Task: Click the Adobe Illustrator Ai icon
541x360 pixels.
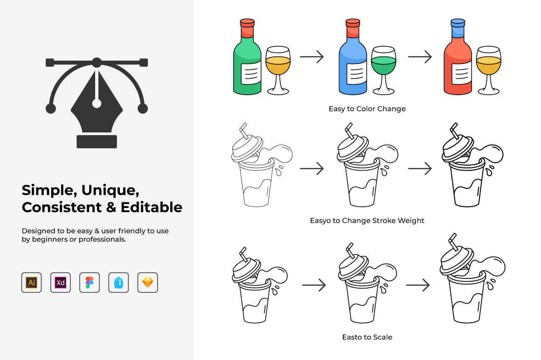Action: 31,283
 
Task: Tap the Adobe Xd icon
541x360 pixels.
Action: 60,283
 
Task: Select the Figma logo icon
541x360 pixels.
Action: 90,283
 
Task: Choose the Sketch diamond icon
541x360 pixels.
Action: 148,283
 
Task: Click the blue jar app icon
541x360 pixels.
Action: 118,283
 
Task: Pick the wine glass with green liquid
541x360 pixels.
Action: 383,70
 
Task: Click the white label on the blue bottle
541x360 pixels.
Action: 356,73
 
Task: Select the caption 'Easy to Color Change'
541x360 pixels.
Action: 367,109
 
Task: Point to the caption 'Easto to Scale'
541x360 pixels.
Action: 367,337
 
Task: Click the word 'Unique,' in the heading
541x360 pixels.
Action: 111,190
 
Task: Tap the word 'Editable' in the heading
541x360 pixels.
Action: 152,207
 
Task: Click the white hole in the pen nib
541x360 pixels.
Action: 97,103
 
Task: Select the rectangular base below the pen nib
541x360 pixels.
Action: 97,141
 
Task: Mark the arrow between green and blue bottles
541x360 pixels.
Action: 312,56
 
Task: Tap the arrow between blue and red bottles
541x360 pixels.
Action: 420,56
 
